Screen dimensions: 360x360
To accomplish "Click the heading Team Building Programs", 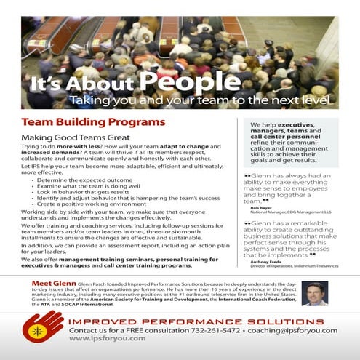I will tap(93, 121).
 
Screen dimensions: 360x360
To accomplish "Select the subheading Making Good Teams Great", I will tap(75, 137).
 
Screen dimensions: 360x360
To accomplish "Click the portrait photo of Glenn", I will tap(314, 294).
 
